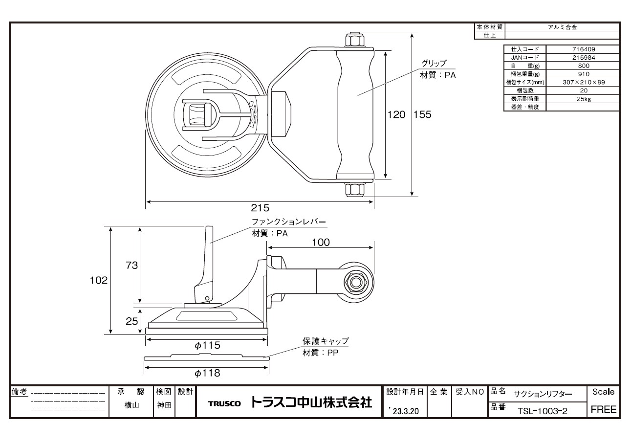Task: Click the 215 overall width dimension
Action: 260,208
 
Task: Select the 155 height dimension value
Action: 422,114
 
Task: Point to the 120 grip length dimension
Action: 396,114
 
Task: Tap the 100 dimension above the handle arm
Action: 321,243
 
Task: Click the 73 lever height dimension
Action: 131,265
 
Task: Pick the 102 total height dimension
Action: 99,280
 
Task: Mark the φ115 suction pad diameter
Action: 207,345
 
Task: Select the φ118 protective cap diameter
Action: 207,373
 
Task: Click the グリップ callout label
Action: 434,63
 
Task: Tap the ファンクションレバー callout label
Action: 289,222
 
